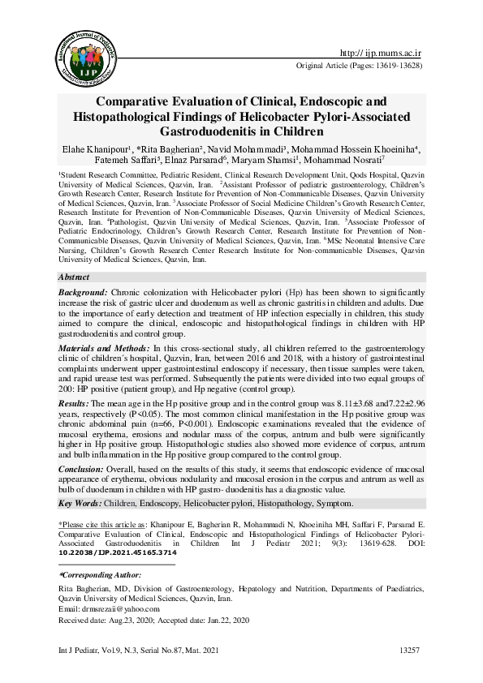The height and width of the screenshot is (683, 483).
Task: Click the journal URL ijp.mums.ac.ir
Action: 382,53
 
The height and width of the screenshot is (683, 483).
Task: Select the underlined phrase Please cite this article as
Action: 112,525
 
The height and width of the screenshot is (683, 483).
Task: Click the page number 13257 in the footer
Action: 410,651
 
